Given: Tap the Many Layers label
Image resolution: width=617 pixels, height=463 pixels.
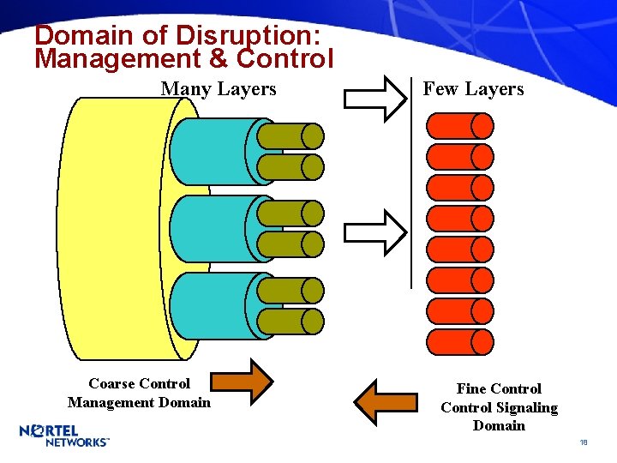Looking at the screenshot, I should click(219, 89).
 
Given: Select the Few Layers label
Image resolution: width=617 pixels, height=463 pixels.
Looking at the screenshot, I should click(473, 89).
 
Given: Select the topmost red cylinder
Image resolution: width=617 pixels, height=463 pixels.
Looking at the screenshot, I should click(460, 126).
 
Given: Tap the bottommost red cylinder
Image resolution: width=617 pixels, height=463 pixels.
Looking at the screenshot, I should click(460, 342).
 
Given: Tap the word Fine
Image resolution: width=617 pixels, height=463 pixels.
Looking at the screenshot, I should click(471, 389).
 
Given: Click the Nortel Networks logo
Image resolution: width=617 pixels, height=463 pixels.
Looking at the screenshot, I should click(64, 435).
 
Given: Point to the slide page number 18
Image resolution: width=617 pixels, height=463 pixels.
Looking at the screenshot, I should click(583, 442).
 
